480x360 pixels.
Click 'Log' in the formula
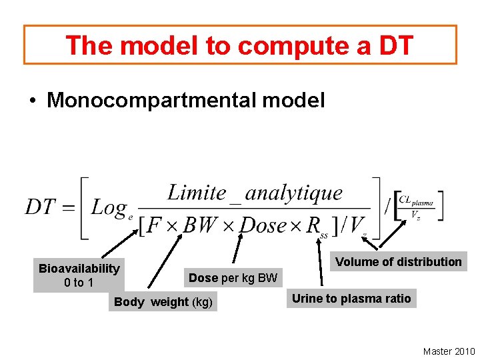pyautogui.click(x=109, y=208)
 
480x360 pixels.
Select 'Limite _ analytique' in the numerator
pyautogui.click(x=255, y=193)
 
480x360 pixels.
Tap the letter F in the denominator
pyautogui.click(x=153, y=225)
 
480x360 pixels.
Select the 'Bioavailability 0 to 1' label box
pyautogui.click(x=79, y=275)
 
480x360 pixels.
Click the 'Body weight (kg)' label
pyautogui.click(x=163, y=302)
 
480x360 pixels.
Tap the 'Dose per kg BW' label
pyautogui.click(x=233, y=277)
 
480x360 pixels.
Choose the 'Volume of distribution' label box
pyautogui.click(x=399, y=262)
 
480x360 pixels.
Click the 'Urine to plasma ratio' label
pyautogui.click(x=351, y=298)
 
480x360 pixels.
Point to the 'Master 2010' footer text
pyautogui.click(x=449, y=351)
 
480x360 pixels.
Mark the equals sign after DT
pyautogui.click(x=69, y=208)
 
